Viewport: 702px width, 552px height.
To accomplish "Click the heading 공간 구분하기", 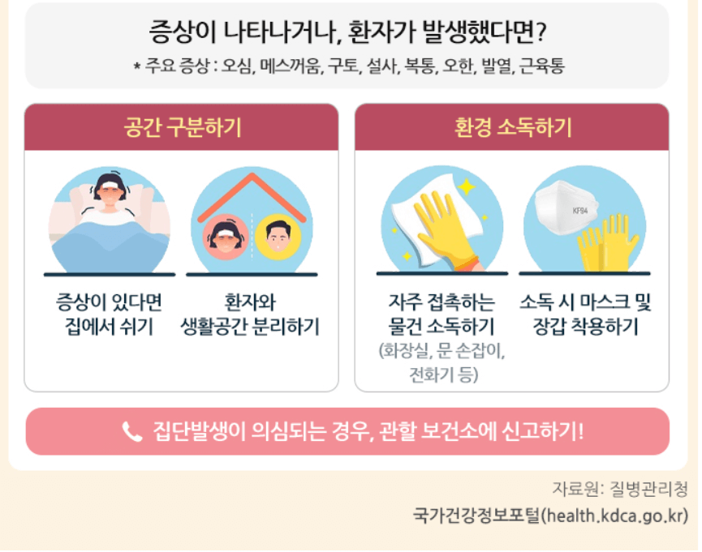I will point(182,128).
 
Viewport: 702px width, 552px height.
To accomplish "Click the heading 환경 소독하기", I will point(512,128).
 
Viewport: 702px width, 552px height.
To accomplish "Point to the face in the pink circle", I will point(225,236).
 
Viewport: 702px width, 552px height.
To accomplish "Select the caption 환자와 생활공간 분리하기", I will point(251,315).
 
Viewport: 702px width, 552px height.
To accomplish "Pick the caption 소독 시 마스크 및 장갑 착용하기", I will point(585,315).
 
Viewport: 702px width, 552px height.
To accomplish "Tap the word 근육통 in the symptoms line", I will point(542,66).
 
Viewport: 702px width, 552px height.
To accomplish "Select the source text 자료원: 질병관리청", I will point(620,490).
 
